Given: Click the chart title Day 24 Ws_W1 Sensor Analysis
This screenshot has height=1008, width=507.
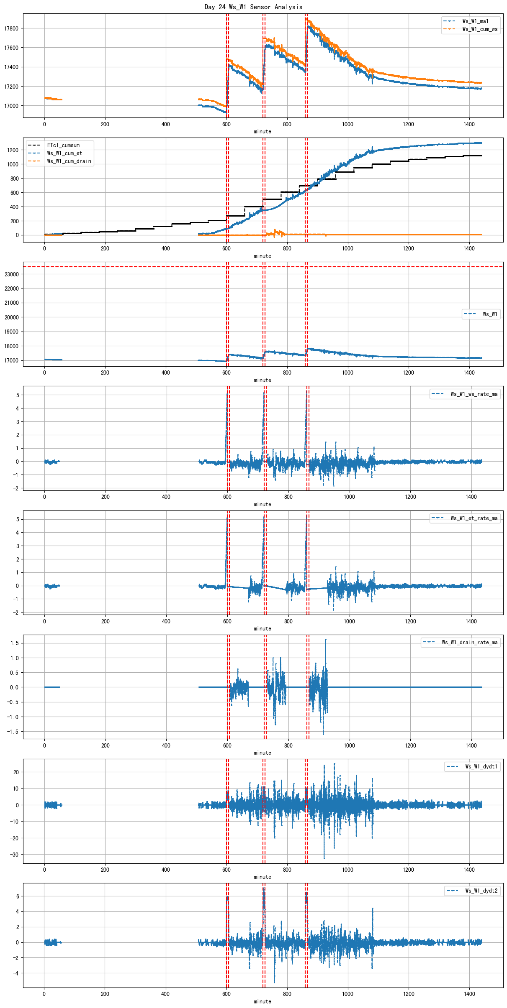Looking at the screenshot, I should pyautogui.click(x=253, y=7).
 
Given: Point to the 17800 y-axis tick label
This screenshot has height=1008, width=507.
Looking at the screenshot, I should pyautogui.click(x=11, y=28).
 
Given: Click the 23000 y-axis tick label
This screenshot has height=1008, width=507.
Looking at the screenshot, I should pyautogui.click(x=11, y=274).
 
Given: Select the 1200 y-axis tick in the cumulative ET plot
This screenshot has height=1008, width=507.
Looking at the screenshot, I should pyautogui.click(x=13, y=150).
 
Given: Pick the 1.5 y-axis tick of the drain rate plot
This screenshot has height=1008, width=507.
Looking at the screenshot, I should pyautogui.click(x=15, y=643).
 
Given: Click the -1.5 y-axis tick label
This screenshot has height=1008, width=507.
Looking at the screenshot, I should pyautogui.click(x=13, y=732).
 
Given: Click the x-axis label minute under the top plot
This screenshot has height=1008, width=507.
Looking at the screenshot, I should pyautogui.click(x=263, y=132).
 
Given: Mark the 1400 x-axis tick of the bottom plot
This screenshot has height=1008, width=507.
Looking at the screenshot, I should pyautogui.click(x=469, y=994).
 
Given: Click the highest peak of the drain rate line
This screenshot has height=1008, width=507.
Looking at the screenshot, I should pyautogui.click(x=325, y=640).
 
